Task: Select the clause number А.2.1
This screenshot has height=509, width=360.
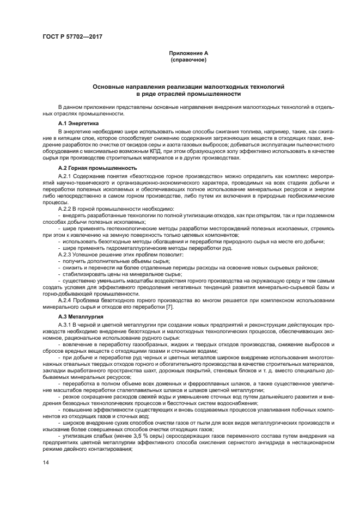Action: pos(65,177)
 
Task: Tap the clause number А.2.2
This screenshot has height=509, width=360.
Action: pos(65,209)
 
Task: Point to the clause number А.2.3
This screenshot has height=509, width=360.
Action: pos(65,254)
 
